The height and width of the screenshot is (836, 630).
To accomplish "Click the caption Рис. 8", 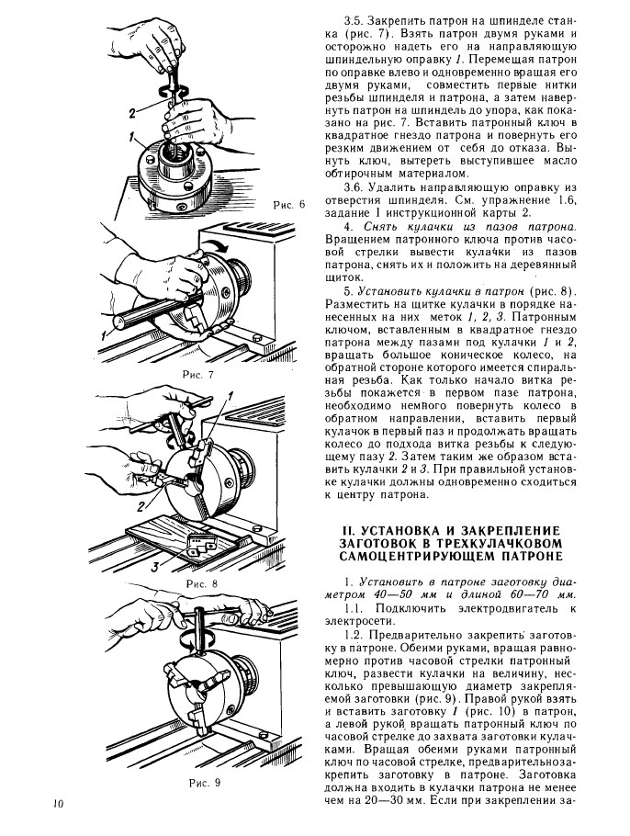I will coord(201,582).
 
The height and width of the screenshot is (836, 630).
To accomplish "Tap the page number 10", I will coord(57,805).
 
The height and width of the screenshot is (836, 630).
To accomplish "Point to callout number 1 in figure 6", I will coord(132,138).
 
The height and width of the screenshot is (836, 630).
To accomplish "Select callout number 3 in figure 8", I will coord(153,567).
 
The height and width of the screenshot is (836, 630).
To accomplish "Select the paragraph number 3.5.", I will coord(354,19).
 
